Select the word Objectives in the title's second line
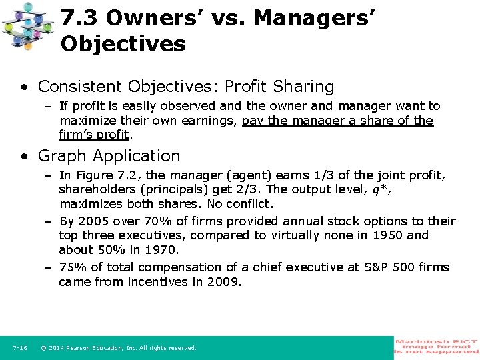pyautogui.click(x=123, y=45)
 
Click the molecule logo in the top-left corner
pyautogui.click(x=27, y=26)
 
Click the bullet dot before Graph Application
pyautogui.click(x=24, y=156)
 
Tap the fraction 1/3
pyautogui.click(x=318, y=175)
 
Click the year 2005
pyautogui.click(x=91, y=221)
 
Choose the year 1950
pyautogui.click(x=388, y=235)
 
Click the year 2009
pyautogui.click(x=225, y=282)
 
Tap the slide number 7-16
pyautogui.click(x=19, y=348)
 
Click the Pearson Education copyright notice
pyautogui.click(x=119, y=348)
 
